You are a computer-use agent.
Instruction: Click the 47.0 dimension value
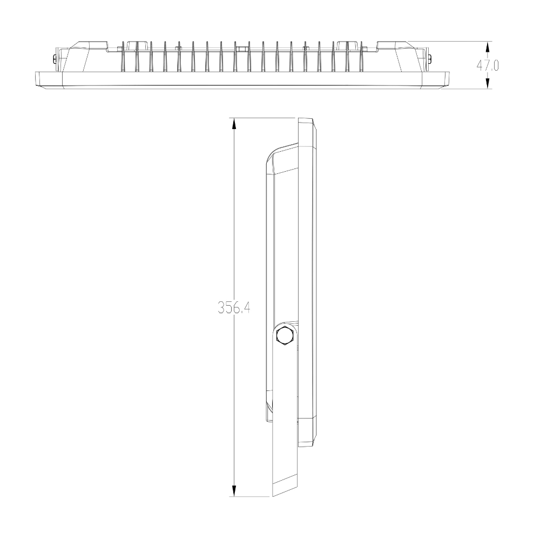(487, 65)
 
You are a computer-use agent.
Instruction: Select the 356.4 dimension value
(234, 308)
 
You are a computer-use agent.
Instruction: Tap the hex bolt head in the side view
(284, 336)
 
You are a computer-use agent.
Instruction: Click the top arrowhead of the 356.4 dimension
(234, 124)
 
